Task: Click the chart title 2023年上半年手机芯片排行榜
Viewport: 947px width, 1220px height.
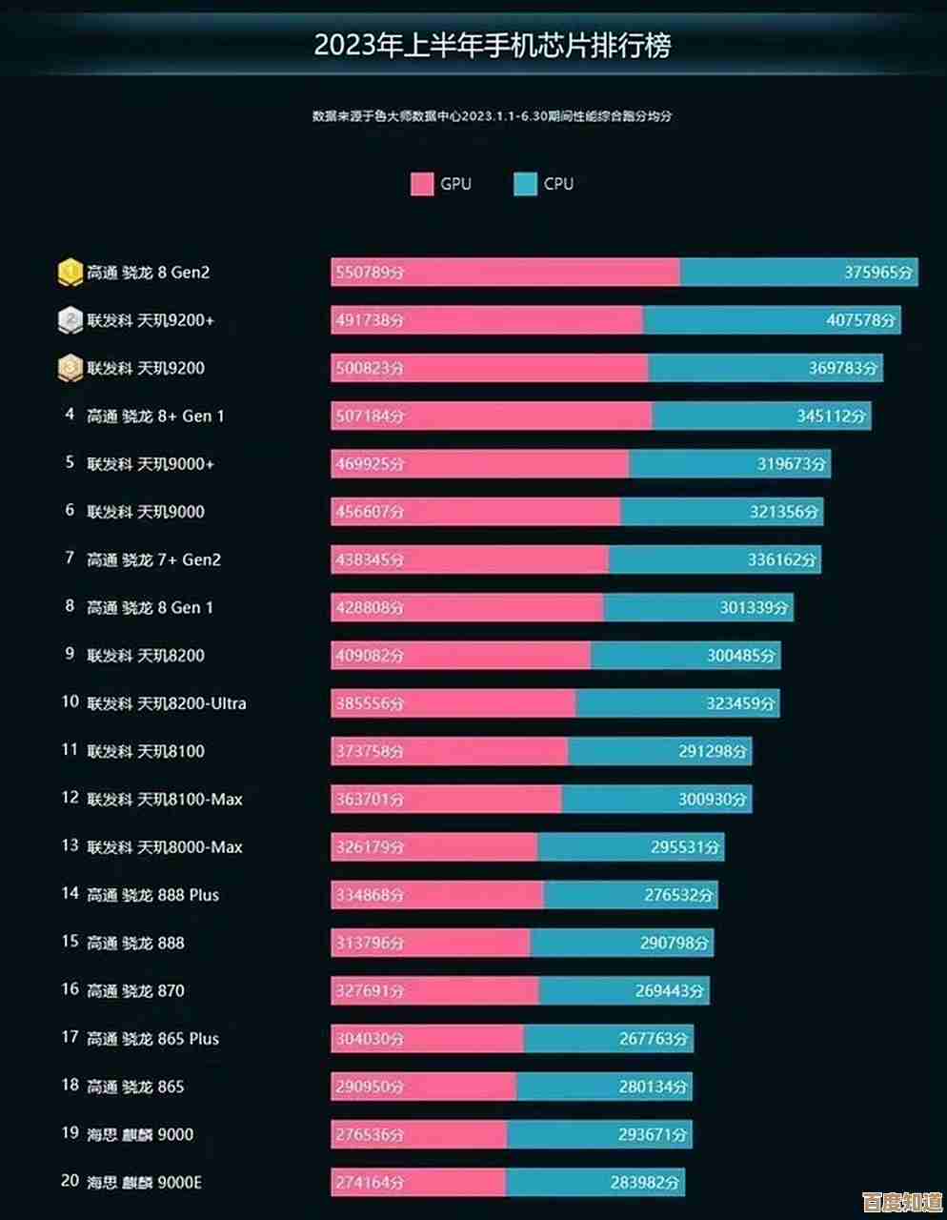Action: click(493, 46)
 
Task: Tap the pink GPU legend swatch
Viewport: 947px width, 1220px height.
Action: click(422, 184)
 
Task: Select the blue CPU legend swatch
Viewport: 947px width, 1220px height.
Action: click(525, 184)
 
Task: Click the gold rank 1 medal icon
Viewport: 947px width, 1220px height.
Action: click(70, 272)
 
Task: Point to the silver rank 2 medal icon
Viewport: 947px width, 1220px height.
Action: click(70, 320)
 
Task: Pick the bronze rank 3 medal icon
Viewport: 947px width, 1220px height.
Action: click(70, 368)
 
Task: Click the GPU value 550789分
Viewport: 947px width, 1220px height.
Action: click(370, 273)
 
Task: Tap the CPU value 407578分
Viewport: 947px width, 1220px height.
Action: click(860, 320)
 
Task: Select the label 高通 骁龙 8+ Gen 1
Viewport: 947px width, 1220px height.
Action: click(155, 416)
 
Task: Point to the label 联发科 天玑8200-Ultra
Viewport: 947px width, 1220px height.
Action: click(167, 703)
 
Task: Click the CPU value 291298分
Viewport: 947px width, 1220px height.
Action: click(714, 751)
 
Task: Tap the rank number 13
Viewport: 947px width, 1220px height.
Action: click(70, 845)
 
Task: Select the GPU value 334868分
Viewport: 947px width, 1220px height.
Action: click(370, 895)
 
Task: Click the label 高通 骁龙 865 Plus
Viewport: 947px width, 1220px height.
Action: click(152, 1039)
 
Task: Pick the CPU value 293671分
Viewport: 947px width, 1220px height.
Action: click(652, 1135)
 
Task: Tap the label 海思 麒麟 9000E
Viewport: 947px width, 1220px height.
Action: click(144, 1183)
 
